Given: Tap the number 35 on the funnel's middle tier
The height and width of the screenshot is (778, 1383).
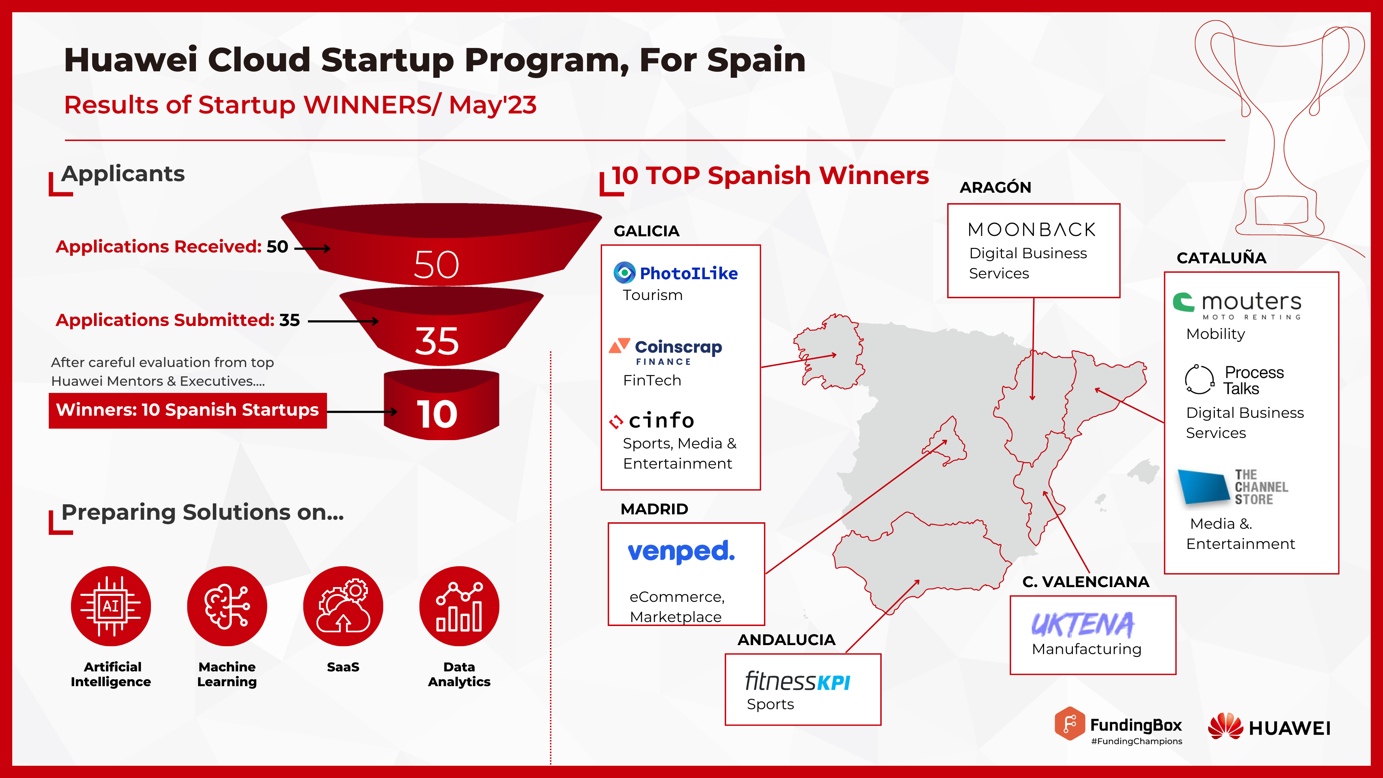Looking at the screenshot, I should coord(437,341).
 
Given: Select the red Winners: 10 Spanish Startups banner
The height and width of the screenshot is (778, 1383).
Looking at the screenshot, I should coord(187,410).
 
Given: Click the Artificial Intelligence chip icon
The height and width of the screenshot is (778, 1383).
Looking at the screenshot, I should coord(111,606).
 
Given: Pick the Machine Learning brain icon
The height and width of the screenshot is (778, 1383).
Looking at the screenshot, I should coord(227,606).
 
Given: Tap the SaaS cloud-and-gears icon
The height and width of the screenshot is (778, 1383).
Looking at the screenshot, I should coord(343,606).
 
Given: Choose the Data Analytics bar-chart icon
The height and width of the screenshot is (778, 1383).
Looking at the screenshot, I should coord(459,606).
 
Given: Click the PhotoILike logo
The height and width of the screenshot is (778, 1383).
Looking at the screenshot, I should coord(676,273).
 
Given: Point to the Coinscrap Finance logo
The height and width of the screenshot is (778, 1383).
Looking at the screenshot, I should coord(666,352).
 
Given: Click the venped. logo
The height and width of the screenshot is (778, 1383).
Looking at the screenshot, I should coord(681,551).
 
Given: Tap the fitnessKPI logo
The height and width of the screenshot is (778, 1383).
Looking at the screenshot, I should coord(797,681).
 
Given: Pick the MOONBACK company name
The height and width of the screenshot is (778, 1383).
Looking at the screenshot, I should coord(1031,230).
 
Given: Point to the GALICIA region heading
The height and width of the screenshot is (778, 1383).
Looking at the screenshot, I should coord(646,231).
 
